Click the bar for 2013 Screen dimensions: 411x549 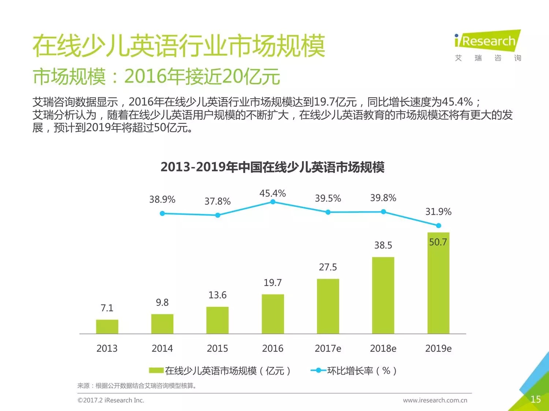pos(107,327)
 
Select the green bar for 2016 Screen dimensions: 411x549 pos(273,314)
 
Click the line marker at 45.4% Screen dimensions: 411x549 pos(273,202)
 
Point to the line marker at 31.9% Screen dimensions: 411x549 pos(438,225)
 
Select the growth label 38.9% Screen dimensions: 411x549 pos(162,199)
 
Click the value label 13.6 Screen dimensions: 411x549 pos(217,295)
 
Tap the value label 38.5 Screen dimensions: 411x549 pos(383,245)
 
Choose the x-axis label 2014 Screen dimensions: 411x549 pos(162,349)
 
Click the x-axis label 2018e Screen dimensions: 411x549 pos(383,349)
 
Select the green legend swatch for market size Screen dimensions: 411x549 pos(156,371)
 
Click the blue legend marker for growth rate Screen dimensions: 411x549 pos(318,370)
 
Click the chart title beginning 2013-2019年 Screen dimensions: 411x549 pos(272,167)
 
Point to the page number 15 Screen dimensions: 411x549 pos(535,399)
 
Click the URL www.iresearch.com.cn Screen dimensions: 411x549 pos(435,400)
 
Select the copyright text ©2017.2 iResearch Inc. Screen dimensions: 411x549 pos(111,400)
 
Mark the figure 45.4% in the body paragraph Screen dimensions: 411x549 pos(457,102)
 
